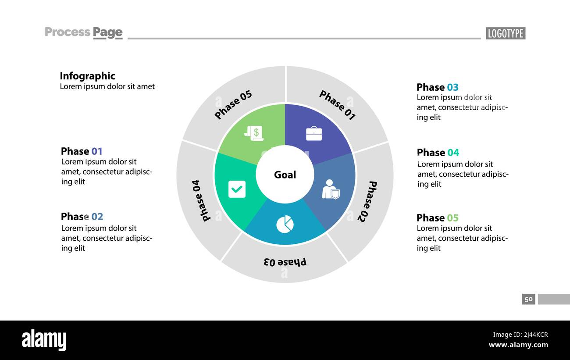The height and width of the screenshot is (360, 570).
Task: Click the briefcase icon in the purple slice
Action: (314, 133)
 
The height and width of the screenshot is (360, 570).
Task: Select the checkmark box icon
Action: (237, 189)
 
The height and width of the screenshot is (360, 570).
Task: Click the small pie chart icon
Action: (285, 224)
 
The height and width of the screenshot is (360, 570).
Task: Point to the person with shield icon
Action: (331, 189)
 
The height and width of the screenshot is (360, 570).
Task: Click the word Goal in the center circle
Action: (285, 175)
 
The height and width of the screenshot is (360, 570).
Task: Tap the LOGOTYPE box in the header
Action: (506, 33)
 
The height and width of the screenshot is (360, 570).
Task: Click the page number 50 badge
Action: (528, 299)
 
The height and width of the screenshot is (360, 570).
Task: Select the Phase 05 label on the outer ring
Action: (233, 105)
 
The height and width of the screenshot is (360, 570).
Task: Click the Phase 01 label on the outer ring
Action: (337, 105)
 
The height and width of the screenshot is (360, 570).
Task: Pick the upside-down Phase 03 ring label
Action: (285, 262)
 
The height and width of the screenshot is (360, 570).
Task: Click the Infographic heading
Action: (87, 76)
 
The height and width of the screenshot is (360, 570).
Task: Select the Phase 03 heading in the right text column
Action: (437, 87)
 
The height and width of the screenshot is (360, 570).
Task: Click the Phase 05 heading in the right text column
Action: (437, 218)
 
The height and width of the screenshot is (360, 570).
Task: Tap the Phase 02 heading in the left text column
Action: (82, 217)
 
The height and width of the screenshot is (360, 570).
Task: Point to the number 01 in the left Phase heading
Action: (97, 151)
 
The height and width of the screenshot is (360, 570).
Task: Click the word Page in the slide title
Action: (107, 32)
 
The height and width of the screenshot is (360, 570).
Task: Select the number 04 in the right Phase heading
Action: (453, 153)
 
